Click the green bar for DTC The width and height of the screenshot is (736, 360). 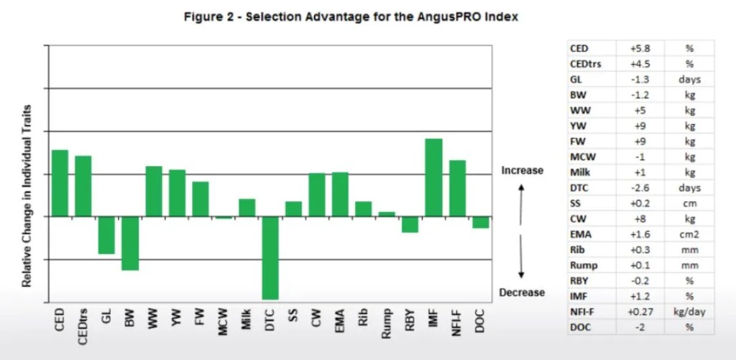pyautogui.click(x=270, y=257)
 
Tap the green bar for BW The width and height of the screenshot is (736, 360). pyautogui.click(x=129, y=243)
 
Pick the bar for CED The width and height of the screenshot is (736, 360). pyautogui.click(x=60, y=183)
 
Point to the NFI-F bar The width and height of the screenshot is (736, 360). pyautogui.click(x=457, y=188)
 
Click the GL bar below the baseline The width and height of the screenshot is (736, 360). pyautogui.click(x=106, y=235)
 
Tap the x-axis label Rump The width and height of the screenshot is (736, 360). pyautogui.click(x=387, y=320)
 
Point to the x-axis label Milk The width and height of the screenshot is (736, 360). pyautogui.click(x=247, y=318)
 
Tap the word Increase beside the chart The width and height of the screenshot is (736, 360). pyautogui.click(x=522, y=170)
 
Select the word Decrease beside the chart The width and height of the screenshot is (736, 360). pyautogui.click(x=522, y=292)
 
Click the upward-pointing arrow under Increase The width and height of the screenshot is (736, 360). pyautogui.click(x=523, y=193)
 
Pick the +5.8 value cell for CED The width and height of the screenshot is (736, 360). pyautogui.click(x=640, y=48)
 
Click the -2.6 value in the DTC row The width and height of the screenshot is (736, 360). pyautogui.click(x=640, y=188)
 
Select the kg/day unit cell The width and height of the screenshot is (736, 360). pyautogui.click(x=689, y=311)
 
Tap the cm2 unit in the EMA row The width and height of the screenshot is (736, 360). pyautogui.click(x=689, y=234)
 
